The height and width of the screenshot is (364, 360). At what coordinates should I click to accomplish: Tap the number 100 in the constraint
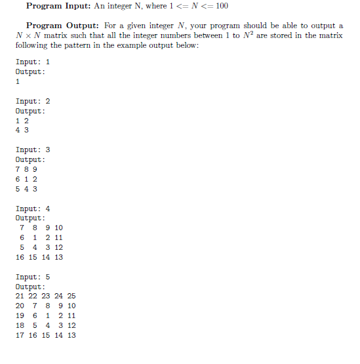coord(220,6)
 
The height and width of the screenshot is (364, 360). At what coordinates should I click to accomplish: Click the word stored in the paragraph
coord(283,35)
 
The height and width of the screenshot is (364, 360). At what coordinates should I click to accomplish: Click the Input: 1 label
coord(32,62)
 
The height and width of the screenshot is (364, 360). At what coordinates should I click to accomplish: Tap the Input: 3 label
coord(32,150)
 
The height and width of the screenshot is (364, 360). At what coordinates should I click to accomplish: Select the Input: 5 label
coord(32,277)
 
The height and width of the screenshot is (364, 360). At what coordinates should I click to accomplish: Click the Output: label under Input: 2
coord(30,111)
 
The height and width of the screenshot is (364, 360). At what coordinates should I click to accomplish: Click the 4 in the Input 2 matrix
coord(18,130)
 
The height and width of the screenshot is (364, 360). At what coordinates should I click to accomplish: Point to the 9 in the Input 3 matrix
coord(35,169)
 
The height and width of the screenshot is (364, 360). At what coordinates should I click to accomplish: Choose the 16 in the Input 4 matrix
coord(20,257)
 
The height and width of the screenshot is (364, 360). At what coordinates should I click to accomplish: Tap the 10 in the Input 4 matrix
coord(58,228)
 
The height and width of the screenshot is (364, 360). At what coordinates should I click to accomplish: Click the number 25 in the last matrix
coord(71,296)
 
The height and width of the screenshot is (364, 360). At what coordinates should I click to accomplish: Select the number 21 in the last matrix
coord(20,296)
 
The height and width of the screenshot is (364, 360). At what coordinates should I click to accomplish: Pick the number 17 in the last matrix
coord(20,335)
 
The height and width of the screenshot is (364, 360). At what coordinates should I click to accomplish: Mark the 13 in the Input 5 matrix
coord(71,335)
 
